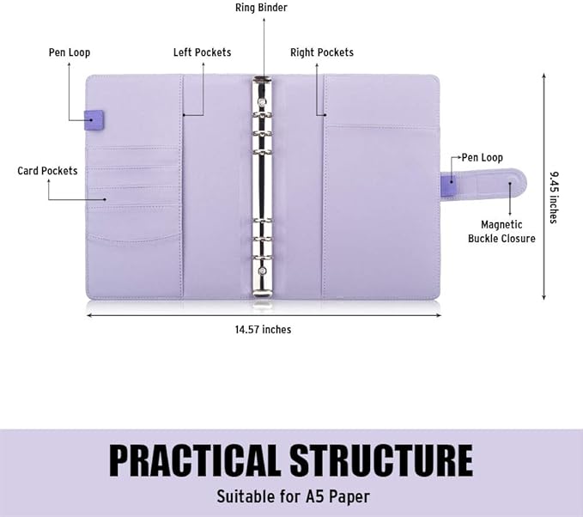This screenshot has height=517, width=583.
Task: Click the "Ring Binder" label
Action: (261, 8)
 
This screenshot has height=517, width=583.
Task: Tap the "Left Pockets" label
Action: (202, 52)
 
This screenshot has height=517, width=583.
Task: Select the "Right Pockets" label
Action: (322, 52)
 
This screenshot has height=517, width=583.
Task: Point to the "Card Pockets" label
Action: (47, 171)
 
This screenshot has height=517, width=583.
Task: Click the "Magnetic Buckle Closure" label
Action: (501, 231)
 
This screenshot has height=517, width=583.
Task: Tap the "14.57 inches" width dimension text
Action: (263, 330)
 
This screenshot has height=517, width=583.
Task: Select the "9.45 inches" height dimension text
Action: (554, 198)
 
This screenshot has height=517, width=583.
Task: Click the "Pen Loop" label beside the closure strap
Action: (483, 158)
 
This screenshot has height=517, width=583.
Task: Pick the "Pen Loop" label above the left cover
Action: (70, 52)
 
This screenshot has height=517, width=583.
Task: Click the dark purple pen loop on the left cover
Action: (94, 119)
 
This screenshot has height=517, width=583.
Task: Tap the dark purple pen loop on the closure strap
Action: (448, 186)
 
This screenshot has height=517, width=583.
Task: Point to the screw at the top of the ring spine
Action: (263, 101)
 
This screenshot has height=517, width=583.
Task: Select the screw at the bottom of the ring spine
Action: (263, 271)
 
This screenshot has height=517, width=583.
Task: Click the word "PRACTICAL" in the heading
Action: (193, 460)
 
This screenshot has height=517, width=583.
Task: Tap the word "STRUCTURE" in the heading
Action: (381, 460)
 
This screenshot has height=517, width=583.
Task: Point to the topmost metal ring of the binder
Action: (263, 116)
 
